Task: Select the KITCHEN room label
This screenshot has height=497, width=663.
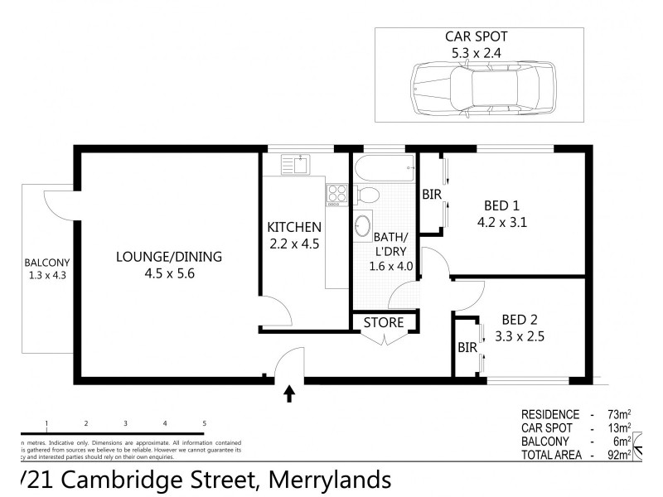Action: point(293,228)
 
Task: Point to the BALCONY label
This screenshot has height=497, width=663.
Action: point(47,265)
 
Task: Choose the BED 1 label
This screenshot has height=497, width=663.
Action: point(502,207)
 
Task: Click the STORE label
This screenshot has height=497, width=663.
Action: point(384,322)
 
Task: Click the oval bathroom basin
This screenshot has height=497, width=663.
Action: point(362,225)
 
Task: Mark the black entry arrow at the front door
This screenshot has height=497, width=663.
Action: point(289,393)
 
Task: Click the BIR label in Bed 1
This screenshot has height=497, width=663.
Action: point(431,195)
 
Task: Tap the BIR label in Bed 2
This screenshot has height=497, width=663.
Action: point(467,348)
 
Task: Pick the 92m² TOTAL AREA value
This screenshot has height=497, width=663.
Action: point(618,455)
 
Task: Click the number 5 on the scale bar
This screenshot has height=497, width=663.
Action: point(204,423)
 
